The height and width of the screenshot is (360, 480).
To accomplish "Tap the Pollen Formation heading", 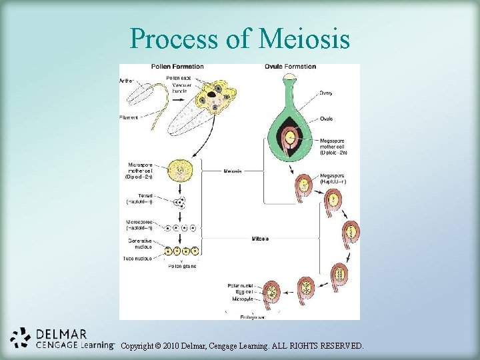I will (177, 67).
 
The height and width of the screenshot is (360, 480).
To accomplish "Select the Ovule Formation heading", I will (290, 67).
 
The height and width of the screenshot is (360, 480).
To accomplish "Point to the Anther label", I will (126, 81).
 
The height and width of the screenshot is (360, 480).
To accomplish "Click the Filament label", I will (129, 117).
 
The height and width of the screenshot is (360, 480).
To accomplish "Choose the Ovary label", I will (326, 93).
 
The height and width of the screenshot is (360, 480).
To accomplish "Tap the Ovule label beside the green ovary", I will (326, 119).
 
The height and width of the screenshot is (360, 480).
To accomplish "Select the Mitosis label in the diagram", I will (261, 238).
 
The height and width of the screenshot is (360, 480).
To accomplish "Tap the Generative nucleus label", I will (139, 243).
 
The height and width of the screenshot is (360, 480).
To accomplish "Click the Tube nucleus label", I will (139, 258).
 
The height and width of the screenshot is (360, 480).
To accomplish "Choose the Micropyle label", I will (241, 298).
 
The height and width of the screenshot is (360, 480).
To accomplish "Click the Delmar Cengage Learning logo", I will (60, 339).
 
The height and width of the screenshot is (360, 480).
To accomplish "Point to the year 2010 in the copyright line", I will (176, 346).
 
